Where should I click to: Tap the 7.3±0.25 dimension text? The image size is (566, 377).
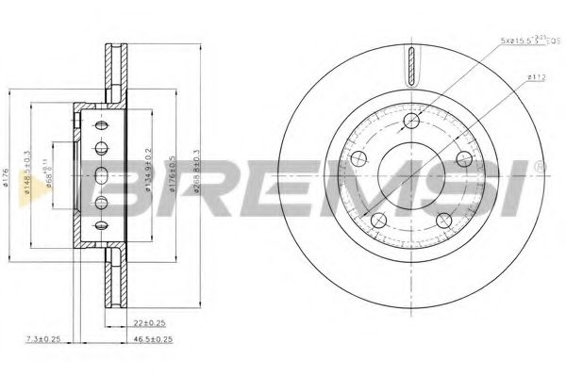pyautogui.click(x=43, y=336)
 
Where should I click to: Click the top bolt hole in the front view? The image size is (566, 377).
pyautogui.click(x=410, y=122)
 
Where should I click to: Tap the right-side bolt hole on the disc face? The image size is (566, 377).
pyautogui.click(x=465, y=160)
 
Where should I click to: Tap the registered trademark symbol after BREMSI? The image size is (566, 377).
pyautogui.click(x=539, y=166)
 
